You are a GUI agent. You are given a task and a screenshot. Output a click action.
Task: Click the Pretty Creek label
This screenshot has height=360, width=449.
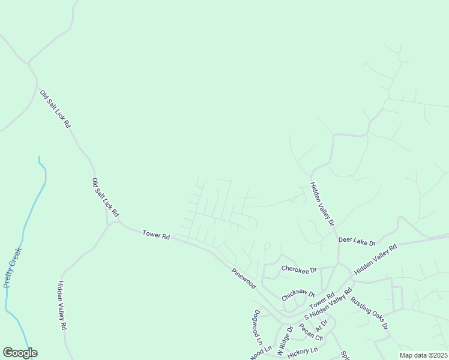click(13, 267)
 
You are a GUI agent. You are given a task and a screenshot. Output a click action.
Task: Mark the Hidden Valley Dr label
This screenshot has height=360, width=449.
click(322, 203)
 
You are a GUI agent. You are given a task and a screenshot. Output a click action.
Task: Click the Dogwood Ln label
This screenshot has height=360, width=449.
click(258, 326)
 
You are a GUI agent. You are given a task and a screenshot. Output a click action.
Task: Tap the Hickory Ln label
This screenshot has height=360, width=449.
click(302, 351)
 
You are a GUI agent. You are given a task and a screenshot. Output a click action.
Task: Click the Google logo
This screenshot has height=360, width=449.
click(20, 353)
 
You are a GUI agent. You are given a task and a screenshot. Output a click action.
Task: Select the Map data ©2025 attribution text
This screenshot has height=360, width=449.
click(423, 355)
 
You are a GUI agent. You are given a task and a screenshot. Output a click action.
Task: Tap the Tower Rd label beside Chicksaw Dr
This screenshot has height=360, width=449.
click(322, 299)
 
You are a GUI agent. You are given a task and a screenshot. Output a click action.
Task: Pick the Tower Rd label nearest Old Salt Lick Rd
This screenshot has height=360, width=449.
click(156, 235)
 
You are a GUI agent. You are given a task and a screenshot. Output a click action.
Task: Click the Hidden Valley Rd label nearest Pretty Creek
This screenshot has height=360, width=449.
click(61, 306)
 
